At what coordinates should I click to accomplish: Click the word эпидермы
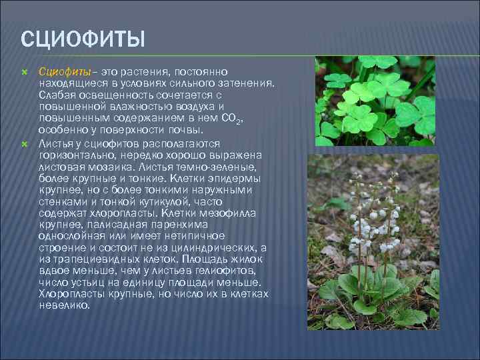[x=239, y=179]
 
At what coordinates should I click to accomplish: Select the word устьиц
[x=83, y=283]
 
